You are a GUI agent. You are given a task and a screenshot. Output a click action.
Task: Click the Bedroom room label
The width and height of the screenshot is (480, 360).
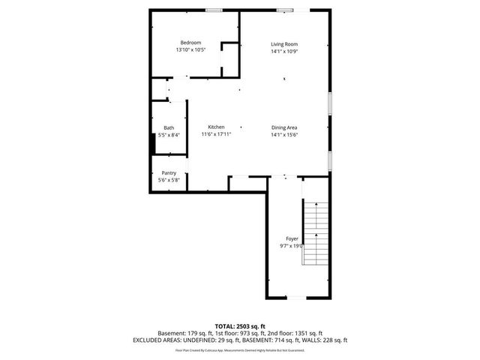point(190,43)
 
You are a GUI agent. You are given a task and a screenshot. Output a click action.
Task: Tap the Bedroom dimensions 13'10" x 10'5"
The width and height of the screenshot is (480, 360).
point(190,50)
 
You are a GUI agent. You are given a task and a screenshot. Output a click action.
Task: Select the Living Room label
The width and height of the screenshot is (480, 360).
point(284,45)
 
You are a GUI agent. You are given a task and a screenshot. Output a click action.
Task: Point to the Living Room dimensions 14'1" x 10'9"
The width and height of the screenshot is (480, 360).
point(284,52)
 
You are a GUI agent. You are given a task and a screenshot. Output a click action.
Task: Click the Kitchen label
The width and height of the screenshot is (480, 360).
point(216,127)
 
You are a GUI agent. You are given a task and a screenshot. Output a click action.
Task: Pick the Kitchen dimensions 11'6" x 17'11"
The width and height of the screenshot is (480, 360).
point(216,135)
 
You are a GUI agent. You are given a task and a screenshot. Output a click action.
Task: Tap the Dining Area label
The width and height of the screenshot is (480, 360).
point(284,127)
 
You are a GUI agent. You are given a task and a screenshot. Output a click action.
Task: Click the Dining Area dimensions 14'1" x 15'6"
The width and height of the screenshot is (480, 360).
point(284,135)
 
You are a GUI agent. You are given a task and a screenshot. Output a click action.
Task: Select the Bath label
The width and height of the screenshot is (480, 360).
point(169,127)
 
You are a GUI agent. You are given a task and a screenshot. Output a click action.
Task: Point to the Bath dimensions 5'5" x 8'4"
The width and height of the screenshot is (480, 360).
point(169,135)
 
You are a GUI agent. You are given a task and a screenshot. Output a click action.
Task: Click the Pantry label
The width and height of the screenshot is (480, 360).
point(169,172)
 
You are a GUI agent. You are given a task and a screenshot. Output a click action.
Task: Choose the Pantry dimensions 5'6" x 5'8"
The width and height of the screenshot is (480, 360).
point(169,180)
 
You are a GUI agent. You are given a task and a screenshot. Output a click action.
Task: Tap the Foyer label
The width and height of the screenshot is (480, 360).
point(292,238)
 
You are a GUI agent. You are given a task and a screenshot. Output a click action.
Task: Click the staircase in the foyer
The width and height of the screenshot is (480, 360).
point(316,233)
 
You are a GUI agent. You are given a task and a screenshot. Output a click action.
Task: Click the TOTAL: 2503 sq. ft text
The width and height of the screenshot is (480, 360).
point(239,326)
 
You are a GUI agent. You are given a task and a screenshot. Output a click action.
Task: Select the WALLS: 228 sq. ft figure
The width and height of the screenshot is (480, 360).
point(324,340)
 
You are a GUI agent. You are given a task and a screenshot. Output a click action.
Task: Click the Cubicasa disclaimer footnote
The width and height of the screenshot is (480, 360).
point(239,350)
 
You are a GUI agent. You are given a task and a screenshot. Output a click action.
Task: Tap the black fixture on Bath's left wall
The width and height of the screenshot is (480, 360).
point(153,142)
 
